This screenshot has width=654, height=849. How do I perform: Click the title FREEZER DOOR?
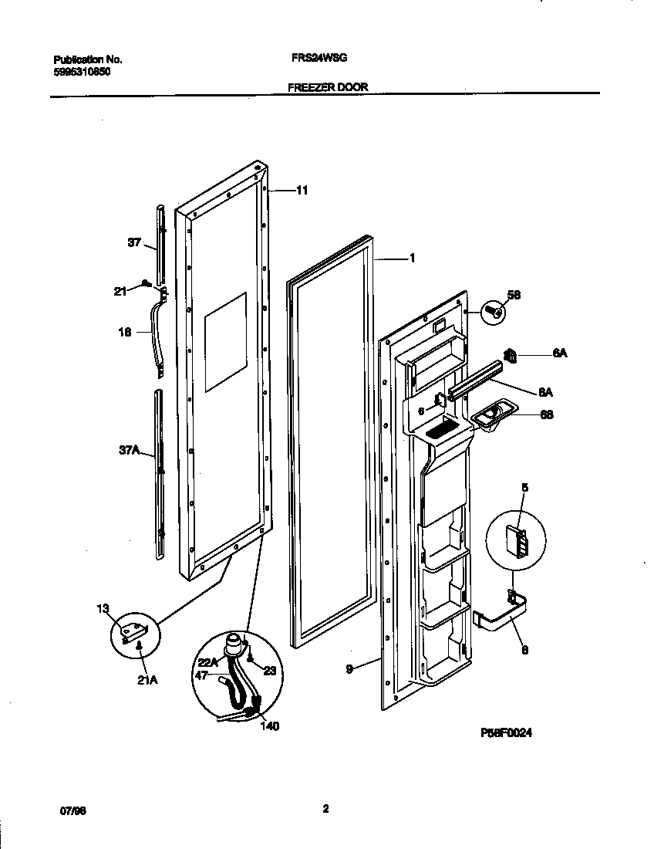(x=328, y=87)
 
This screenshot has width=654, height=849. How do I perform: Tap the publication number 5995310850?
(x=82, y=70)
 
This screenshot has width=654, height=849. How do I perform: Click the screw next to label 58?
(x=491, y=313)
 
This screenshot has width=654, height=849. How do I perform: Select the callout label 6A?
(x=559, y=354)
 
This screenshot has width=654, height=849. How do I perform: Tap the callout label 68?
(x=546, y=414)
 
